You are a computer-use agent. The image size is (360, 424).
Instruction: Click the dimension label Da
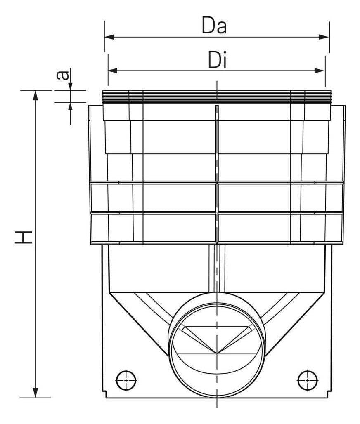[x=214, y=26]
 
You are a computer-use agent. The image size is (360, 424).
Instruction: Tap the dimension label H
[x=23, y=238]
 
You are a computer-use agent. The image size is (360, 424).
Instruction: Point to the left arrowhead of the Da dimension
[x=110, y=37]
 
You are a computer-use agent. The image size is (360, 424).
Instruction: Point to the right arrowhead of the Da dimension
[x=324, y=37]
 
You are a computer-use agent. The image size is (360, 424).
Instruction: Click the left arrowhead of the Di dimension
[x=113, y=71]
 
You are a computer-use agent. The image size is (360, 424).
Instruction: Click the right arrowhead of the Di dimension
[x=320, y=71]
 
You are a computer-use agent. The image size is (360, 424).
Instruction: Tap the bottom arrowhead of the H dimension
[x=35, y=393]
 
